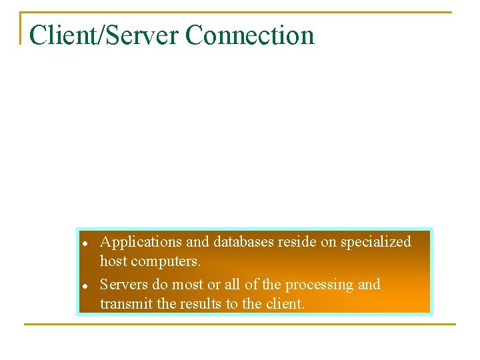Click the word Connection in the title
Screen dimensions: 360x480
pyautogui.click(x=250, y=35)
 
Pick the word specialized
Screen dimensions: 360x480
pyautogui.click(x=376, y=242)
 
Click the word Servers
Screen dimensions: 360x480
pyautogui.click(x=124, y=285)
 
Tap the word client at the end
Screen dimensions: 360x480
pyautogui.click(x=282, y=304)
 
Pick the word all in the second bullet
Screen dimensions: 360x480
pyautogui.click(x=233, y=285)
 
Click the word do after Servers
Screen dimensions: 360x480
pyautogui.click(x=160, y=285)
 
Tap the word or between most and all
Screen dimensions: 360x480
pyautogui.click(x=213, y=285)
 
